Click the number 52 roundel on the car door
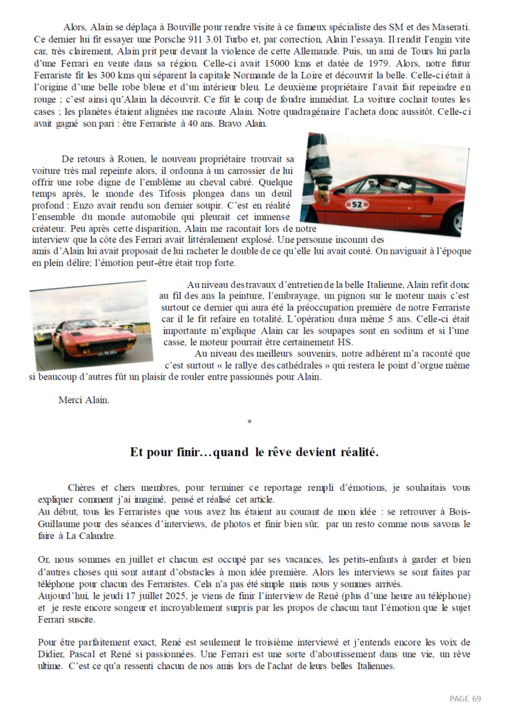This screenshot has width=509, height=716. pyautogui.click(x=357, y=204)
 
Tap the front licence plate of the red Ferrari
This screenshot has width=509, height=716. pyautogui.click(x=108, y=352)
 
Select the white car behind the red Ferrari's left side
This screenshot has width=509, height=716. pyautogui.click(x=44, y=335)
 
